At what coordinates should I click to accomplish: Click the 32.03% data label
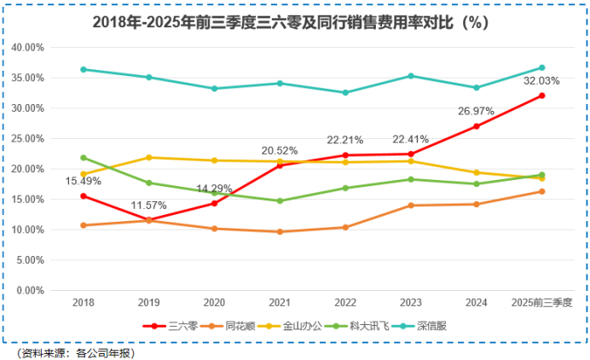pyautogui.click(x=541, y=80)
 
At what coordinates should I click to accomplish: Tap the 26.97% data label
pyautogui.click(x=476, y=110)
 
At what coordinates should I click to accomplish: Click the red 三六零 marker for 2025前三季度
pyautogui.click(x=541, y=96)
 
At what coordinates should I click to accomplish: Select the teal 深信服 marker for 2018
pyautogui.click(x=84, y=69)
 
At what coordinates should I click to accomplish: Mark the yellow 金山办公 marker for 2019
pyautogui.click(x=149, y=158)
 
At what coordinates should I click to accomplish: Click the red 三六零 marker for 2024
pyautogui.click(x=476, y=126)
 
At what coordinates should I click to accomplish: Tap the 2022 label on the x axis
pyautogui.click(x=345, y=303)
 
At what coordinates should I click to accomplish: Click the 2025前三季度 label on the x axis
pyautogui.click(x=541, y=303)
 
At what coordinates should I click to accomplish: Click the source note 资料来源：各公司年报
pyautogui.click(x=75, y=351)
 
